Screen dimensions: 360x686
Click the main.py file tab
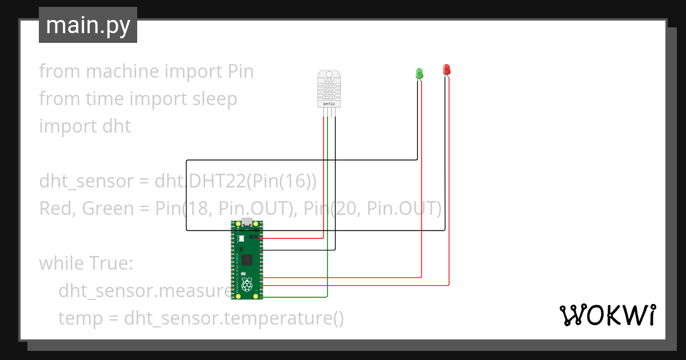pos(87,25)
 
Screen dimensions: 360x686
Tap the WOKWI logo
pos(607,315)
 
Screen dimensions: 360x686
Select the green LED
pos(419,73)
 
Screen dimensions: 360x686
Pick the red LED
pos(446,70)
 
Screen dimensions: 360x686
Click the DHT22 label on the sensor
pos(329,104)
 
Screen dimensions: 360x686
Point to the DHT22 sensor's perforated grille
pos(329,89)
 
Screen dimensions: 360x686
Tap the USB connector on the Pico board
pos(247,222)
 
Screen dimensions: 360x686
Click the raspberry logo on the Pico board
pos(247,285)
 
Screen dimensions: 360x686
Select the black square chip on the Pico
pos(247,259)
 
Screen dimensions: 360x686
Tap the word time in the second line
pos(105,99)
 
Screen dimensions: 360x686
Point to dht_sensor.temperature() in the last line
pos(234,318)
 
